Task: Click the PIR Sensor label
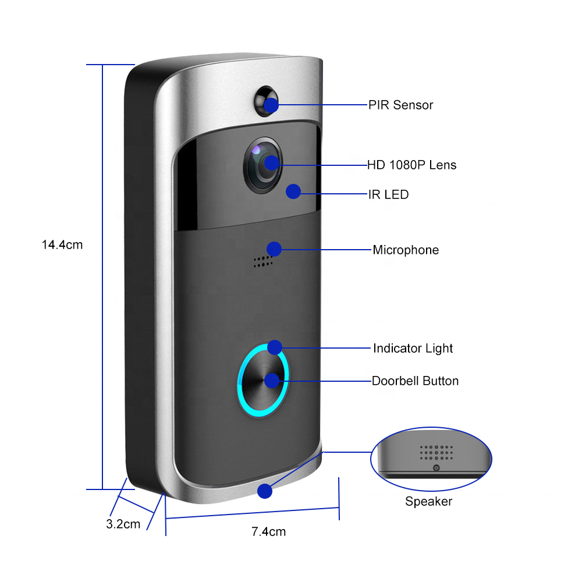click(x=400, y=105)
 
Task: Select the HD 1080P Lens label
click(x=411, y=165)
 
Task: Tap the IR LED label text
click(x=388, y=194)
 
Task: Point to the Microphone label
click(x=406, y=250)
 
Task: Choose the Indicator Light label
click(x=413, y=349)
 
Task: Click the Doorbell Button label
click(x=415, y=381)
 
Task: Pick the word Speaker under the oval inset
click(x=428, y=502)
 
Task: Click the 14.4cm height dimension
click(x=62, y=245)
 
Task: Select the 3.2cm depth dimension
click(x=123, y=524)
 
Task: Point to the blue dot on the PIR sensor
click(x=271, y=105)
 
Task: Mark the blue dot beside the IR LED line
click(x=293, y=191)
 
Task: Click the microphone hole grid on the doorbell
click(x=263, y=262)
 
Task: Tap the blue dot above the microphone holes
click(x=274, y=249)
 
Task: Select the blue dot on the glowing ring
click(x=275, y=347)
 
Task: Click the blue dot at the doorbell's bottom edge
click(x=265, y=491)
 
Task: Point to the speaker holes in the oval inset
click(x=436, y=452)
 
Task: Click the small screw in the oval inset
click(x=436, y=468)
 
